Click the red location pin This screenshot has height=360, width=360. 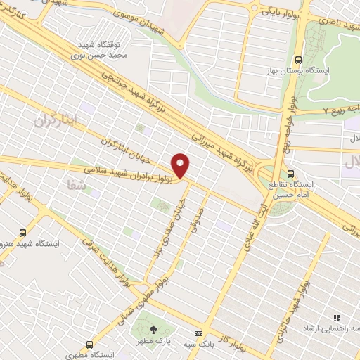[x=181, y=166]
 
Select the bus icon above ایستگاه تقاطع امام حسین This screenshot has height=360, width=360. [x=291, y=174]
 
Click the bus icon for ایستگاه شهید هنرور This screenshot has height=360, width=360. [x=23, y=233]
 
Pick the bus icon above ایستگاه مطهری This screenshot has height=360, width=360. [x=89, y=345]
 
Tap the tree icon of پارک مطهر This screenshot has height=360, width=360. [x=154, y=330]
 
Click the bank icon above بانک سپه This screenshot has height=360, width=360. [x=199, y=333]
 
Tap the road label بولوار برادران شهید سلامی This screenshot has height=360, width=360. [x=134, y=174]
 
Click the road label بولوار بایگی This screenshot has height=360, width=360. [x=280, y=12]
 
